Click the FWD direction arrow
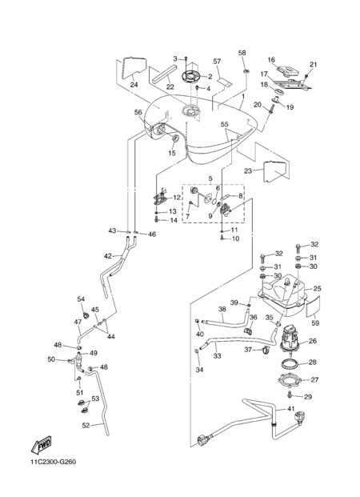pos(41,445)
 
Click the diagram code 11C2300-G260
pos(54,462)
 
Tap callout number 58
pos(242,53)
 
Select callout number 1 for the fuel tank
pos(243,96)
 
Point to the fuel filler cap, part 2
pos(191,77)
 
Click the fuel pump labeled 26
pos(289,338)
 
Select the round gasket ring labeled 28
pos(289,363)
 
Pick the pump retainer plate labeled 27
pos(288,379)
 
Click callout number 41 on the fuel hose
pos(290,409)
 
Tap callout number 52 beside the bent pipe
pos(86,426)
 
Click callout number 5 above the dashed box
pos(210,179)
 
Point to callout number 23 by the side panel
pos(248,170)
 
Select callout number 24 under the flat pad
pos(134,85)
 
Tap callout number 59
pos(315,323)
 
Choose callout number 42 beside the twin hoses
pos(108,256)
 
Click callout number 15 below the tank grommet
pos(171,154)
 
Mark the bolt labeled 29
pos(289,395)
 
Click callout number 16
pos(271,59)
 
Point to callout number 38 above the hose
pos(222,309)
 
